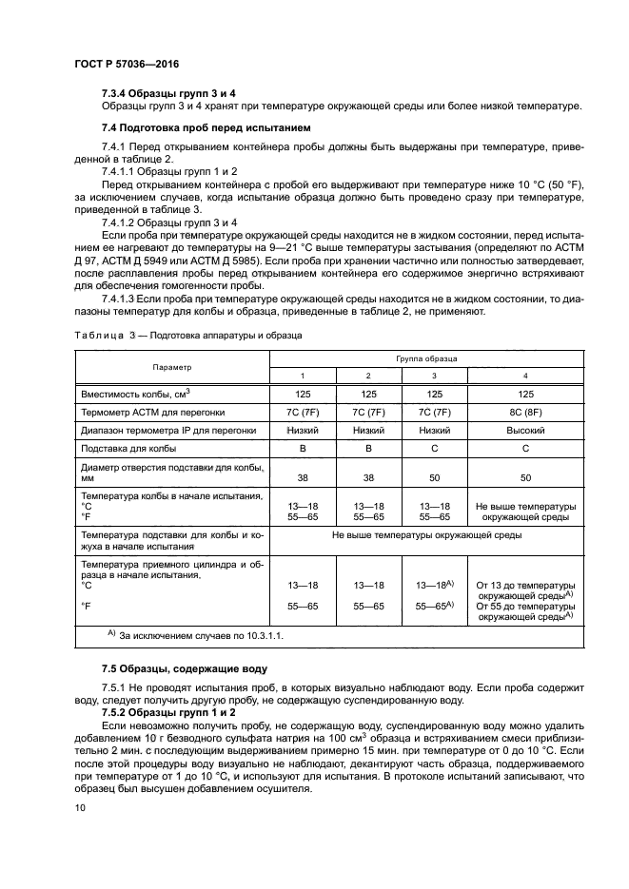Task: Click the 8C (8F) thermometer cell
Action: tap(524, 412)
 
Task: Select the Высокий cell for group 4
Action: tap(524, 430)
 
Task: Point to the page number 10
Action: tap(80, 807)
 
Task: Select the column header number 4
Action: tap(524, 376)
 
